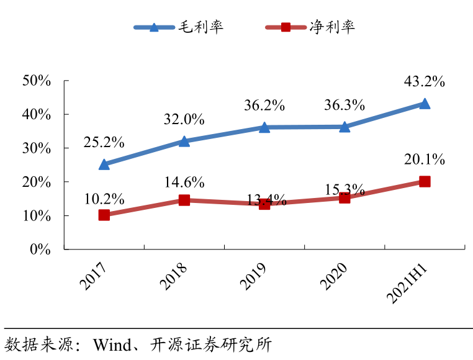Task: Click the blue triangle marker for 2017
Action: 104,164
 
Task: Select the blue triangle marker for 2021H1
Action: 425,104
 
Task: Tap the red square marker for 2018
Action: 184,200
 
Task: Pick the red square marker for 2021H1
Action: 425,181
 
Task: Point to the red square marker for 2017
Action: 104,215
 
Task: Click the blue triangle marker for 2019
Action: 264,127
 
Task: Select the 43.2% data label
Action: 425,81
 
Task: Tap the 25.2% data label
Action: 104,142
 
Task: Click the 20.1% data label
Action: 425,160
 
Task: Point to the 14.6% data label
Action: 184,182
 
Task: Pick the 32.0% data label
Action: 184,120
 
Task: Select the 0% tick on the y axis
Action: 40,249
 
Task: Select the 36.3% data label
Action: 344,105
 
